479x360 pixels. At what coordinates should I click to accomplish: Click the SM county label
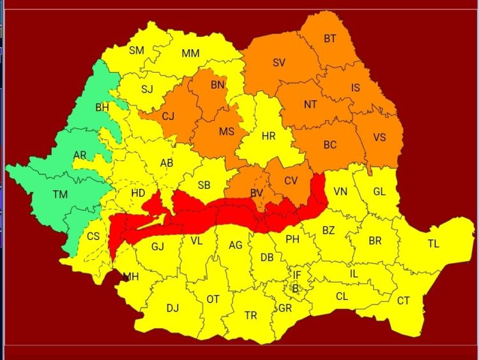137,50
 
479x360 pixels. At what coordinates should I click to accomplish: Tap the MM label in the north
190,54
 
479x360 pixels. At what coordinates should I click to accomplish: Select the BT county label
330,39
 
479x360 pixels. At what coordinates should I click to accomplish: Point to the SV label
279,63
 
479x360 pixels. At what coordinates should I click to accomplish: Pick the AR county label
80,155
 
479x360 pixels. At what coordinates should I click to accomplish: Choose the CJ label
168,116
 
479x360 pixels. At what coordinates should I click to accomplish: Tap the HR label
268,135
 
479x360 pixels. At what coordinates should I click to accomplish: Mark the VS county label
379,138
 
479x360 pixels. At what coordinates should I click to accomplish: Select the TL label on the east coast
434,243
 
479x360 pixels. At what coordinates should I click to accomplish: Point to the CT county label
404,301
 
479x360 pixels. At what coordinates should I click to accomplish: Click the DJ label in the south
172,308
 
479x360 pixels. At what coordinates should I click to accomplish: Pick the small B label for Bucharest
295,288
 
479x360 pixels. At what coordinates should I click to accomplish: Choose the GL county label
379,191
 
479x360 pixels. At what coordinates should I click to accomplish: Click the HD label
138,193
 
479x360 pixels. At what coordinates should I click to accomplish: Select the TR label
251,315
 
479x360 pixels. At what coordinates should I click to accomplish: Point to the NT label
310,105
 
